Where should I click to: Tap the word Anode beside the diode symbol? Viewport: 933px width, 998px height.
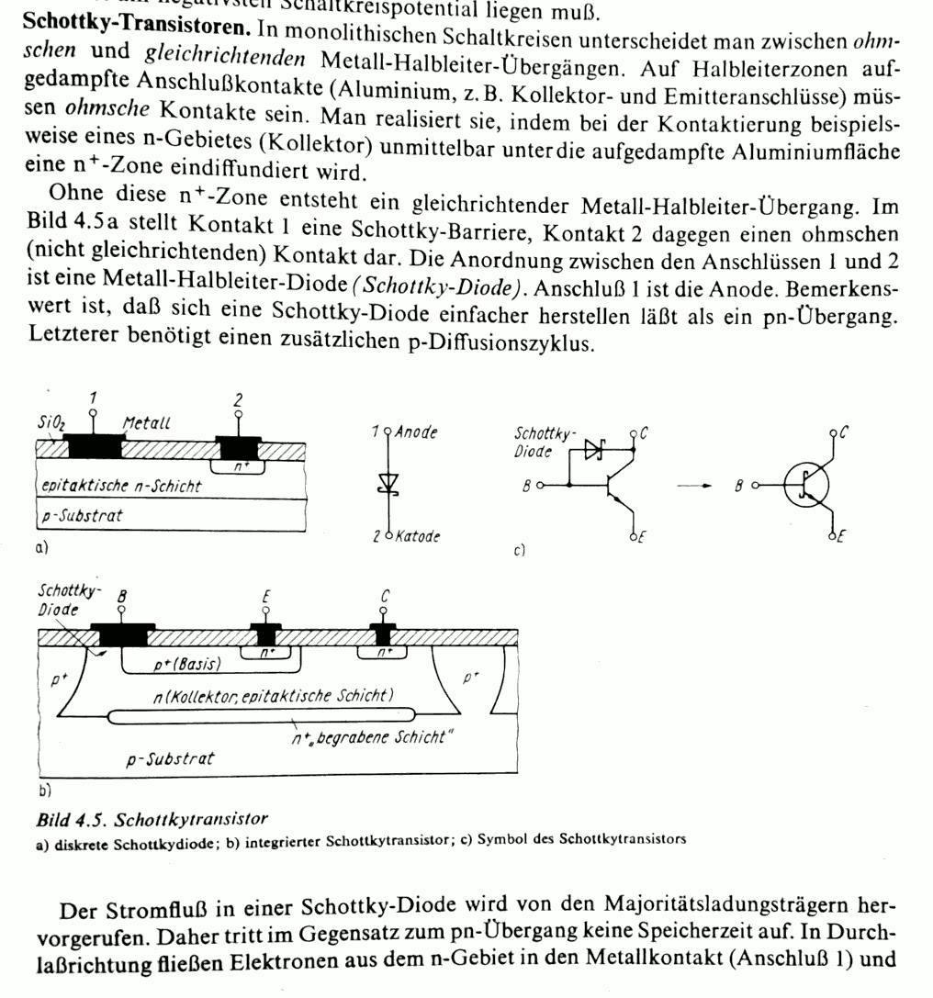pyautogui.click(x=414, y=431)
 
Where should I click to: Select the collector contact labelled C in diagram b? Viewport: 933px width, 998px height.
pyautogui.click(x=383, y=634)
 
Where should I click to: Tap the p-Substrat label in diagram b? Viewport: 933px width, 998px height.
pyautogui.click(x=171, y=758)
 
